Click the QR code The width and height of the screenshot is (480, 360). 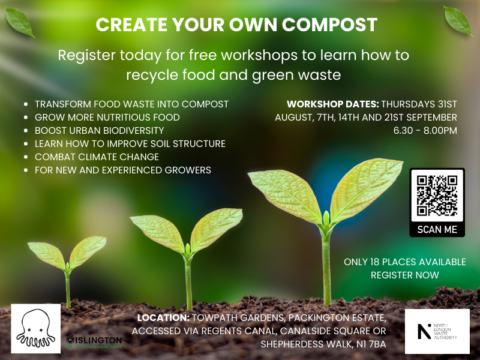[437, 195]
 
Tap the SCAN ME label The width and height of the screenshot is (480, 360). [437, 229]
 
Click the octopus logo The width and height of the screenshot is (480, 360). [35, 328]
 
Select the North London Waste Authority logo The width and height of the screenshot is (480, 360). [437, 331]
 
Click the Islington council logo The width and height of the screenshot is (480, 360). [94, 341]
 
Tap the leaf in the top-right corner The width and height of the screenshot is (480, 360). [458, 21]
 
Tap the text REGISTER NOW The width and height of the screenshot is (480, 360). [405, 275]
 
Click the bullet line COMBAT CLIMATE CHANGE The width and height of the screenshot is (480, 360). [97, 157]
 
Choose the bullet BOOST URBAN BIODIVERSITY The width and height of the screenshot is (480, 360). [99, 130]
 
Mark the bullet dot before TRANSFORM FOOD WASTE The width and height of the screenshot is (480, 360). [26, 104]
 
